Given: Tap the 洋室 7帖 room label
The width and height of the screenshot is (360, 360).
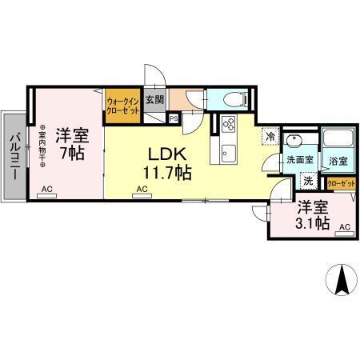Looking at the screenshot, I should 70,141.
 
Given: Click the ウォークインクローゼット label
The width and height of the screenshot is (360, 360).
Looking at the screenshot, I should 122,106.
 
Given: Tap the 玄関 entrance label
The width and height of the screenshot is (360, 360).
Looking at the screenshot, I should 155,101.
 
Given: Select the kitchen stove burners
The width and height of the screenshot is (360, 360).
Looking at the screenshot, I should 226,126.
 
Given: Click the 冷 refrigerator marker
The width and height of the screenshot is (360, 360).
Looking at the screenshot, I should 271,137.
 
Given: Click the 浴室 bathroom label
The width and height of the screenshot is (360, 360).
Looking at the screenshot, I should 338,161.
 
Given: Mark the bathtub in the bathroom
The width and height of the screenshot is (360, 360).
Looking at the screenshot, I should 338,141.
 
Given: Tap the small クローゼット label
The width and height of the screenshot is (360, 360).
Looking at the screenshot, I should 341,184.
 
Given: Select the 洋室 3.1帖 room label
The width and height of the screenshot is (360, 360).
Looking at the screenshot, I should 312,215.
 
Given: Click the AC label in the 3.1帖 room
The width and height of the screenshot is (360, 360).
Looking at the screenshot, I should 345,228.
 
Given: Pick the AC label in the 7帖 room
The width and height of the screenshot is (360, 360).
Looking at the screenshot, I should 47,190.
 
